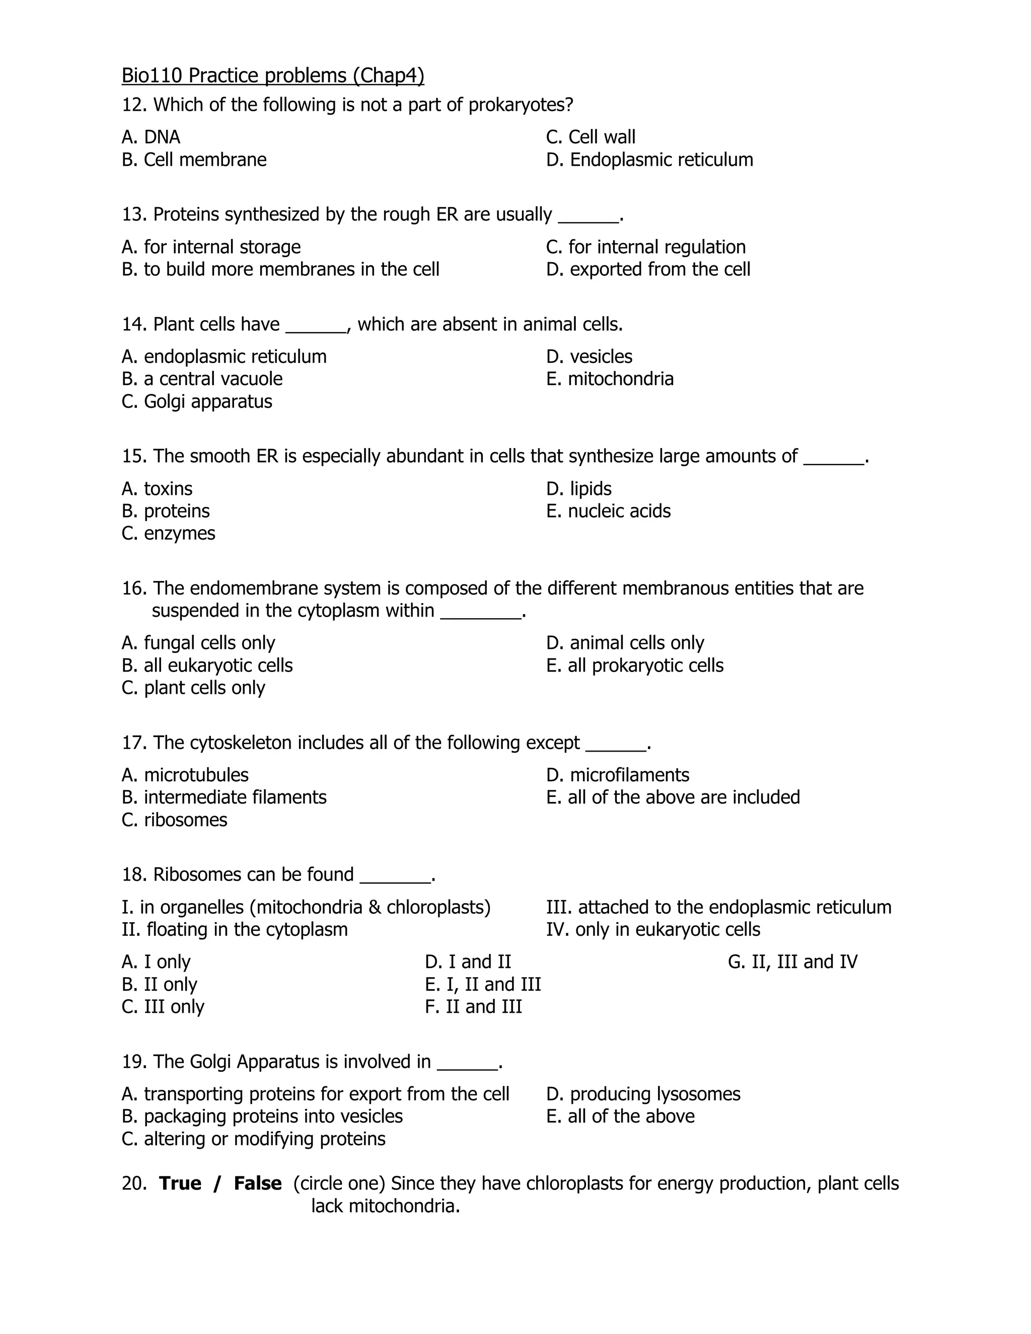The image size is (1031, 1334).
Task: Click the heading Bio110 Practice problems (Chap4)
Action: coord(272,76)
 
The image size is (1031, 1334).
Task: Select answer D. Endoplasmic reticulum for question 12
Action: coord(649,160)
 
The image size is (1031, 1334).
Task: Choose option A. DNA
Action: coord(151,137)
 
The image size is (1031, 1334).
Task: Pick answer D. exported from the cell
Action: coord(648,269)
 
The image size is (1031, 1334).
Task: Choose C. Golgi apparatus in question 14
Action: coord(197,402)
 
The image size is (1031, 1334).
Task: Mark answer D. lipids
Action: coord(578,489)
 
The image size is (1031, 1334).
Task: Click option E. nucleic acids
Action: coord(608,511)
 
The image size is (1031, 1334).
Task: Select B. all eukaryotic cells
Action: coord(207,666)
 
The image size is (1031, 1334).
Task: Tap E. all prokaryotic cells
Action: coord(635,666)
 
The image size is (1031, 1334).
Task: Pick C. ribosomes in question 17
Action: coord(174,820)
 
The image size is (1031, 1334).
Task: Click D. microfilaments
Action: coord(618,775)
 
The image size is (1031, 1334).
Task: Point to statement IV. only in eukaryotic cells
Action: coord(653,930)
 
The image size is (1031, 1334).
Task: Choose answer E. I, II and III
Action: coord(482,985)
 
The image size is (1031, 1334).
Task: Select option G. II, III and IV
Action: coord(792,962)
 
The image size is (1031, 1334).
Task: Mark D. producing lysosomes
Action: coord(643,1094)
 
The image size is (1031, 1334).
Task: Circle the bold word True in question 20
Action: coord(180,1184)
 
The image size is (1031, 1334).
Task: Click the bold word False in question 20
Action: coord(258,1184)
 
